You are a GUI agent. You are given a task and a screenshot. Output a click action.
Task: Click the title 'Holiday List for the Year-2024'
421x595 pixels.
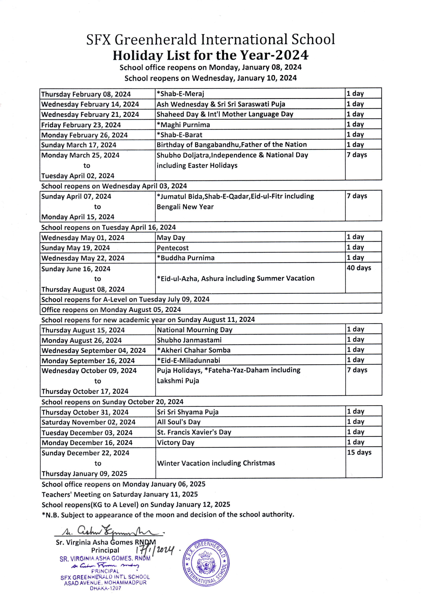(210, 55)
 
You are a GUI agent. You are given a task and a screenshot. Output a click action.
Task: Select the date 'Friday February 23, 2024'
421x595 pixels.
(81, 125)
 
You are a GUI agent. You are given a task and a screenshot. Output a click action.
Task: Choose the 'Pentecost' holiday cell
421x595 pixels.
(173, 248)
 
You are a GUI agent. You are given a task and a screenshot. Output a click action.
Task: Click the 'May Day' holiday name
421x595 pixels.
(171, 237)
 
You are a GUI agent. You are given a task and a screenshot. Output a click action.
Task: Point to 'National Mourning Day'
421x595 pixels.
(194, 330)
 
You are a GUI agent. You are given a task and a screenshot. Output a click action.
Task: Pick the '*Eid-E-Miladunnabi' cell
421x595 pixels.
(189, 360)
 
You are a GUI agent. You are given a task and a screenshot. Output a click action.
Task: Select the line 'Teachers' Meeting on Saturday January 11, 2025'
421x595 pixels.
(119, 494)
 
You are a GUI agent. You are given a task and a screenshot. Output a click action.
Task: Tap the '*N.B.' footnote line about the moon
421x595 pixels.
(168, 515)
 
